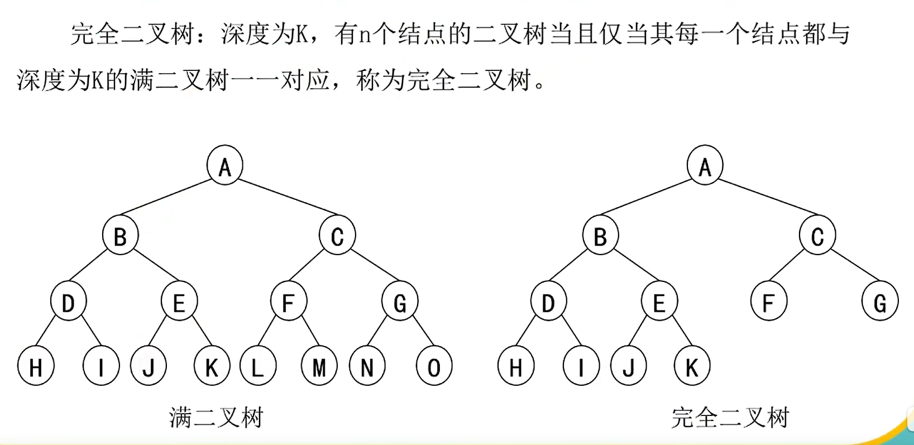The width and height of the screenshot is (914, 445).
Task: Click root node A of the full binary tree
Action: [x=225, y=165]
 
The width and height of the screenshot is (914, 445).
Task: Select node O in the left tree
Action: [x=434, y=367]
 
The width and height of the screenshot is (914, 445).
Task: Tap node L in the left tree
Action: [x=257, y=367]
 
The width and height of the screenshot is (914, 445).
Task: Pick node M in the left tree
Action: [x=319, y=367]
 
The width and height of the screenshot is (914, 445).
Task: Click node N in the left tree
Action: [x=367, y=367]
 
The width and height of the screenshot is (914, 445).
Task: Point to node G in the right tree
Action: [x=880, y=302]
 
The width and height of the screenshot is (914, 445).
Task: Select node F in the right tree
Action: [x=769, y=302]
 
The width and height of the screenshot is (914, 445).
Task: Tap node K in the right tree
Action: [x=692, y=367]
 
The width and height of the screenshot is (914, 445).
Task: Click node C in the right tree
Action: [x=817, y=236]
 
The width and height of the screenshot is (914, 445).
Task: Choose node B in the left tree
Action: [x=120, y=236]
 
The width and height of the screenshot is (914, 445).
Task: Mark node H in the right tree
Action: [x=516, y=367]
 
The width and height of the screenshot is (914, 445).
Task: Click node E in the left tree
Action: [x=179, y=302]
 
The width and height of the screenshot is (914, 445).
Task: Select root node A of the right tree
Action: [x=705, y=165]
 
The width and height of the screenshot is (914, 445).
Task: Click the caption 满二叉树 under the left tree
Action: [x=216, y=418]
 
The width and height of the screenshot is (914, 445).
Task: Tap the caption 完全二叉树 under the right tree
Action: [x=730, y=418]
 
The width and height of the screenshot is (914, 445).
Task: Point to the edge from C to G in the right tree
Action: [x=855, y=266]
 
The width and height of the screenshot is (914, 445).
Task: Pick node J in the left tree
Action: [x=149, y=367]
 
